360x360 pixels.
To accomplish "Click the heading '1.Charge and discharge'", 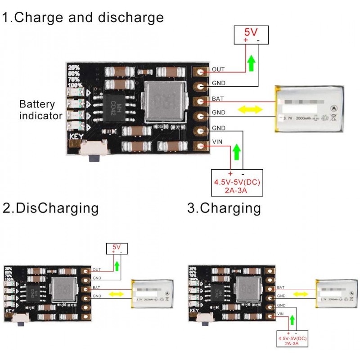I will pyautogui.click(x=83, y=18).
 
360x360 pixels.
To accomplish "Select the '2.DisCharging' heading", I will pyautogui.click(x=50, y=208).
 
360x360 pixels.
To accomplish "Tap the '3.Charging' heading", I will pyautogui.click(x=224, y=208).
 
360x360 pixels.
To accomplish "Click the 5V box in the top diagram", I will pyautogui.click(x=252, y=35).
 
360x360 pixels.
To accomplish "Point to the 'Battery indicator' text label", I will pyautogui.click(x=40, y=110).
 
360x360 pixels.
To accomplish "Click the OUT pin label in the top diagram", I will pyautogui.click(x=218, y=70).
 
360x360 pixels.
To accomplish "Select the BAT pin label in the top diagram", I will pyautogui.click(x=218, y=99).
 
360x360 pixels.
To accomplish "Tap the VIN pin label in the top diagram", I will pyautogui.click(x=217, y=142).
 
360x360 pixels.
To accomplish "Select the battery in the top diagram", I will pyautogui.click(x=310, y=110).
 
